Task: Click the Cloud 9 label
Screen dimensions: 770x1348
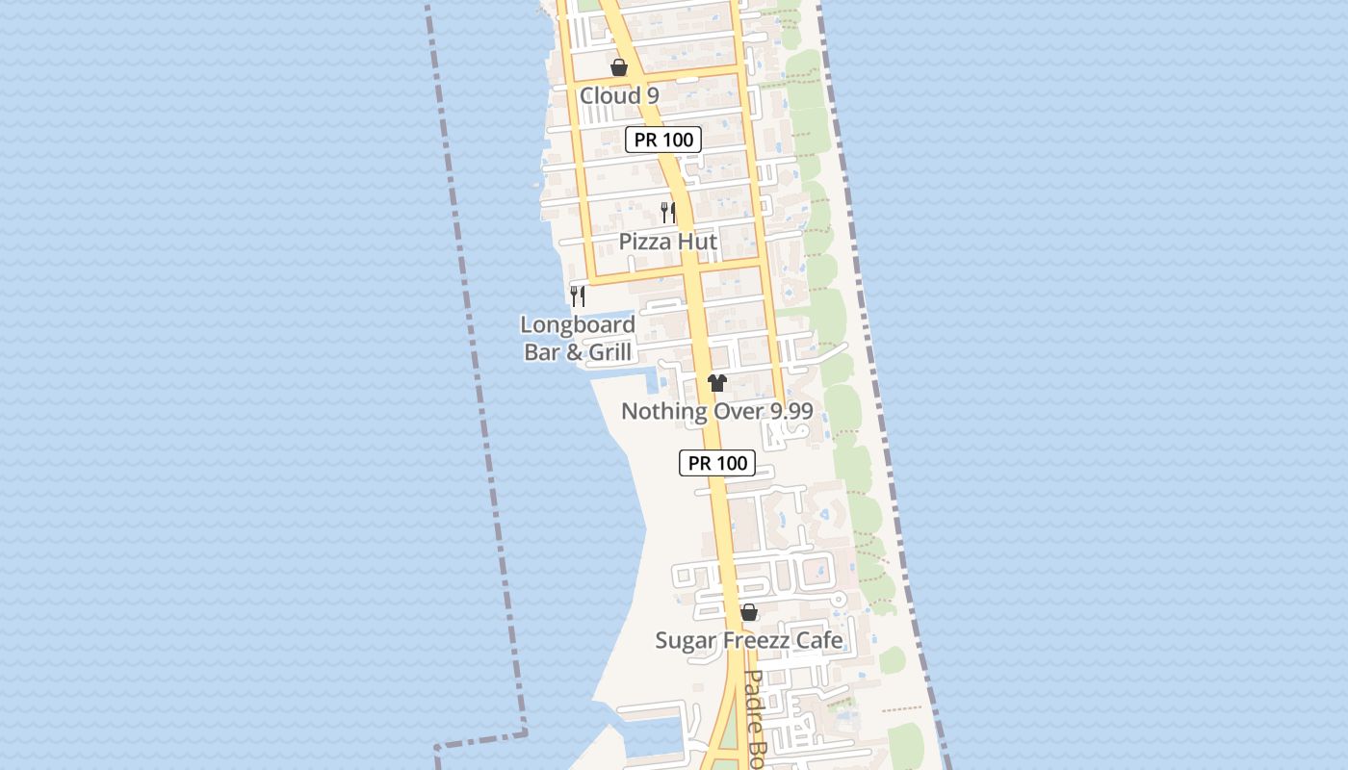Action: click(619, 95)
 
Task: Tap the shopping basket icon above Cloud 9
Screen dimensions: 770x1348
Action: click(619, 67)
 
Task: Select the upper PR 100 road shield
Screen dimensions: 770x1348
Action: click(664, 140)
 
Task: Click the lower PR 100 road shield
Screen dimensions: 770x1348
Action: click(718, 463)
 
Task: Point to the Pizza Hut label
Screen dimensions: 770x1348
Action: click(668, 242)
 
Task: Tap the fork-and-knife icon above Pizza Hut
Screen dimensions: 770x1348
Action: click(668, 212)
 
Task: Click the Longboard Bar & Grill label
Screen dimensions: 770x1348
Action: click(578, 338)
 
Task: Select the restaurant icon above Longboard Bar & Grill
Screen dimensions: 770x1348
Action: click(578, 295)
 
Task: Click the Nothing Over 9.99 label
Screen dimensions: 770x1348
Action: click(717, 412)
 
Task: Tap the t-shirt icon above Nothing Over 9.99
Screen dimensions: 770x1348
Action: click(716, 382)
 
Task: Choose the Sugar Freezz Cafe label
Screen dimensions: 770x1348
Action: click(749, 640)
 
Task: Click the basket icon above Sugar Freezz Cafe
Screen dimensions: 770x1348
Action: click(749, 612)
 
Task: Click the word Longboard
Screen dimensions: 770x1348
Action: click(578, 325)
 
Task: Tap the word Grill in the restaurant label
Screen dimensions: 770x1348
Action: click(609, 352)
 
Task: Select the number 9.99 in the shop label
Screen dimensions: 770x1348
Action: click(787, 412)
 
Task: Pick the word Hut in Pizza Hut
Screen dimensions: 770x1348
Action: click(696, 242)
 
